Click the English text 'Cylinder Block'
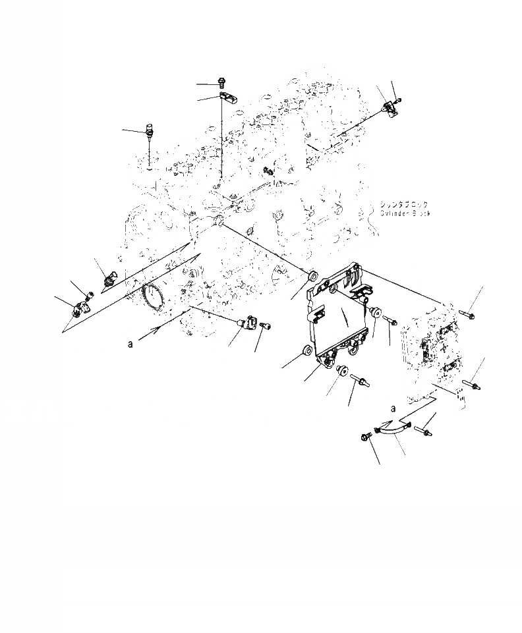[405, 214]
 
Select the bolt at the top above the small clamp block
[221, 83]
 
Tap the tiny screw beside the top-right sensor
[399, 99]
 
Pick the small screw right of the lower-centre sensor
[266, 325]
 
